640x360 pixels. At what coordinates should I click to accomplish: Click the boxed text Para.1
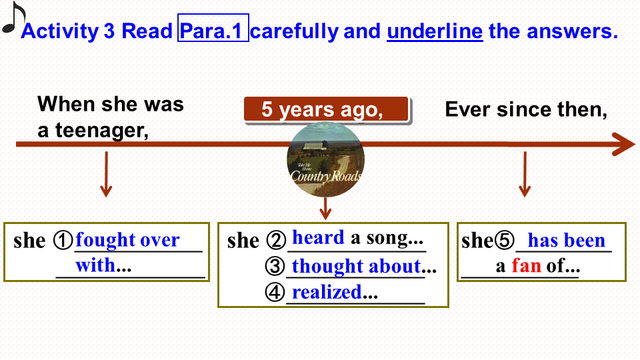213,28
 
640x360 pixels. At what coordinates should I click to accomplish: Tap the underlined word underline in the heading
435,31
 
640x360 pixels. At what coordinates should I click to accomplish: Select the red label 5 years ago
327,109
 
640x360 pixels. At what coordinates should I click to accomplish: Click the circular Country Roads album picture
325,159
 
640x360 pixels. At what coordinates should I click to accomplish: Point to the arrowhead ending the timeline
624,144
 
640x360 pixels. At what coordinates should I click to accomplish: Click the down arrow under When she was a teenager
106,174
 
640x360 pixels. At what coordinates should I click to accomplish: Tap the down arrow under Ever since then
525,174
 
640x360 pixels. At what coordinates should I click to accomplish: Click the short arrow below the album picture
325,209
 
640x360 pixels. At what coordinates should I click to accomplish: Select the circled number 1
63,241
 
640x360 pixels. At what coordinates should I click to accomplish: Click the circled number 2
276,240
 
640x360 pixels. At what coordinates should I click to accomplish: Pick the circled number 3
275,266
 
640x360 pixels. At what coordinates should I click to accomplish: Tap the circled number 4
275,292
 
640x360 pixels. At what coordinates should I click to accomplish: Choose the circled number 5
505,240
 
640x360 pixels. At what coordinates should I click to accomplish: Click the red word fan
527,266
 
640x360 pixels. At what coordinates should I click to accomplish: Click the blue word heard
319,237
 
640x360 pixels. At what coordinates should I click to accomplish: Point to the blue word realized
327,292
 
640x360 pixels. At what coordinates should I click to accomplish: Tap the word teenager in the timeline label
101,131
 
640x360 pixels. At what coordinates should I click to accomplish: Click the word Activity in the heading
60,31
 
